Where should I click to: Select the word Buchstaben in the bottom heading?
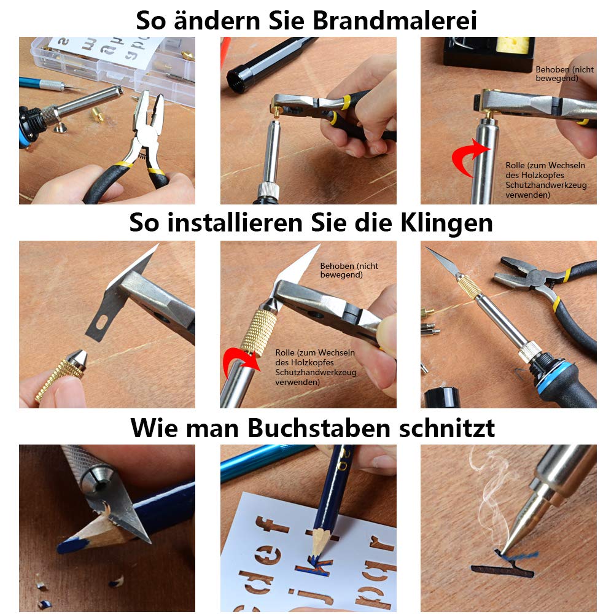tap(319, 427)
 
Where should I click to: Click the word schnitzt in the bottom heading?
tap(447, 427)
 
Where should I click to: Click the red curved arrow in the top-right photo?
tap(468, 157)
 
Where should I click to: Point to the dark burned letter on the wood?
tap(502, 567)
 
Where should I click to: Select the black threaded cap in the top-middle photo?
tap(238, 80)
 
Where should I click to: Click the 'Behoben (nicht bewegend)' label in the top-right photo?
tap(564, 74)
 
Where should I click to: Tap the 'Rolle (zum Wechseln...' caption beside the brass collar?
tap(316, 367)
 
